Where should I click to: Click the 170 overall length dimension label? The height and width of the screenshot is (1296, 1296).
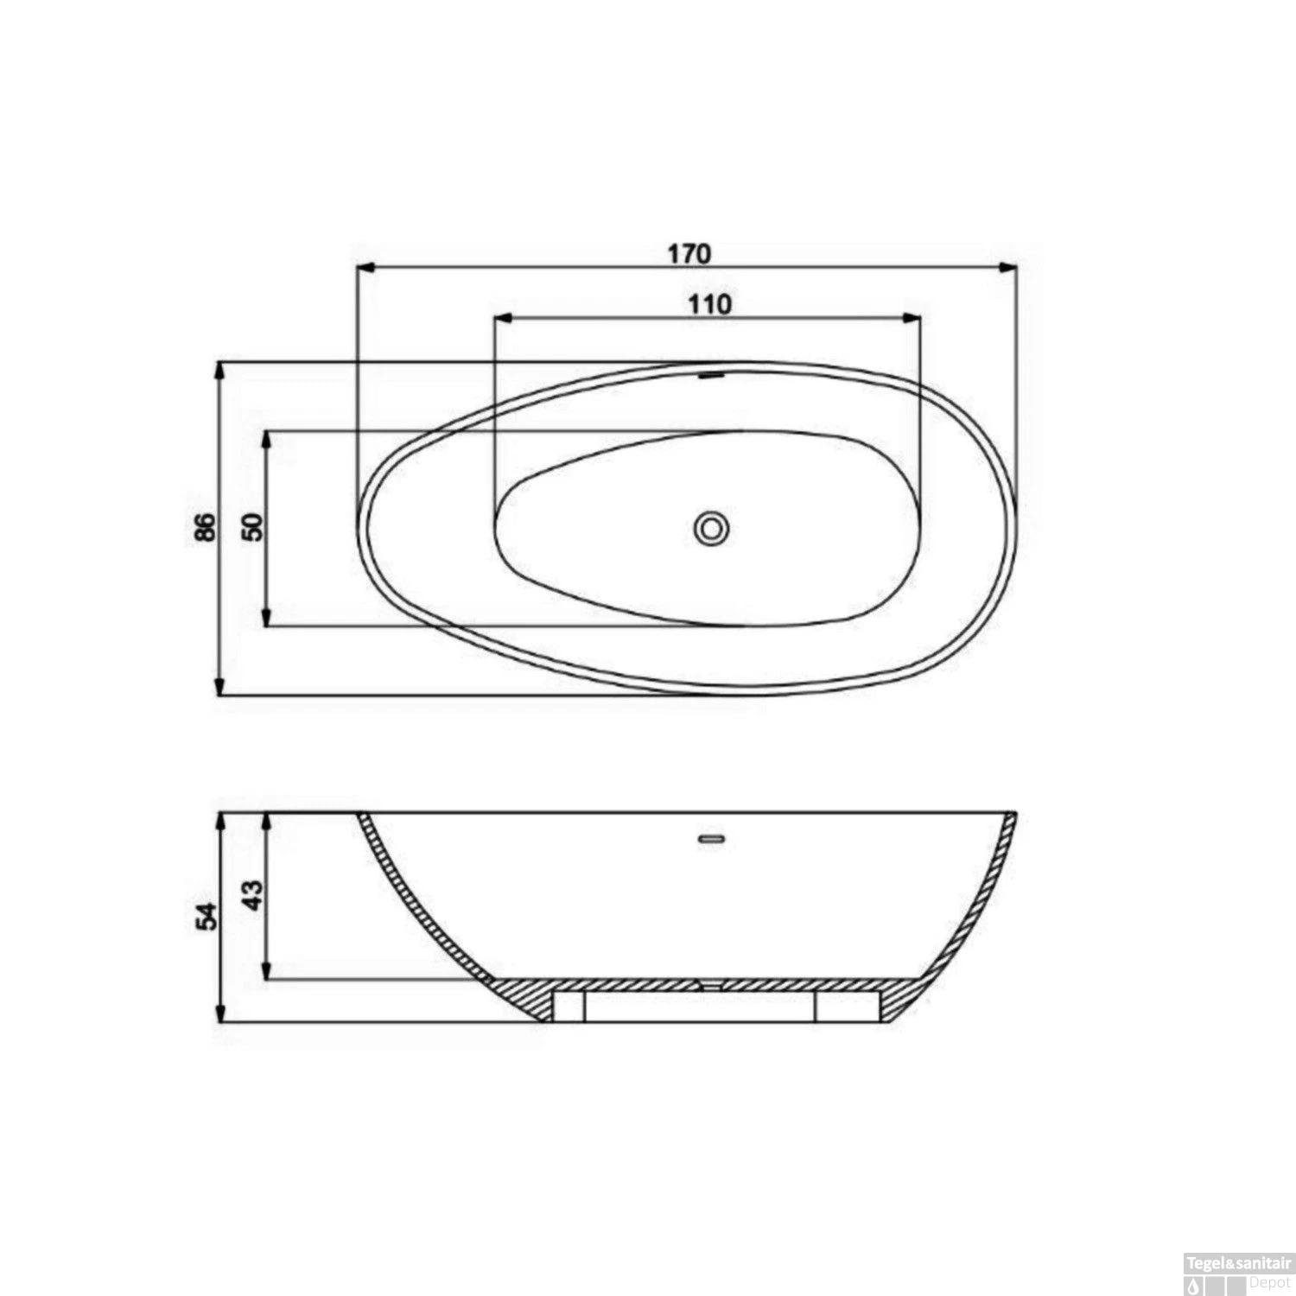point(689,254)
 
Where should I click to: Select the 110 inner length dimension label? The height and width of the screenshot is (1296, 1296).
point(708,304)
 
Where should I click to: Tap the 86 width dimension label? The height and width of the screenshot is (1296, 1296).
point(204,526)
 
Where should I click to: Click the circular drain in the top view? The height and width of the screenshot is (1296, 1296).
point(712,527)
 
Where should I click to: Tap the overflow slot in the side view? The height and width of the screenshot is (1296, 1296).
point(711,837)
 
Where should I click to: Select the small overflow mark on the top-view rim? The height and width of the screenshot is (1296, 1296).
point(710,375)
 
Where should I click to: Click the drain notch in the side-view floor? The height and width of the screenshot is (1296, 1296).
point(710,983)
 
